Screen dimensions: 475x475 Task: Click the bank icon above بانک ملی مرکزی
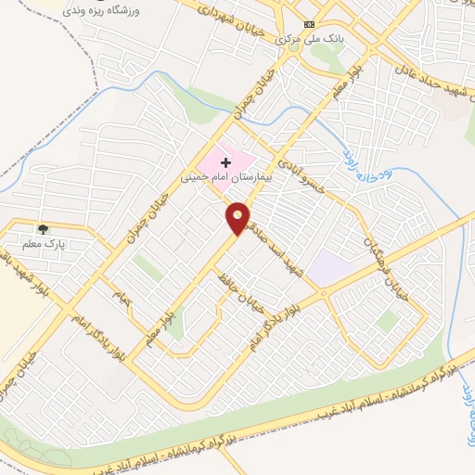pyautogui.click(x=310, y=25)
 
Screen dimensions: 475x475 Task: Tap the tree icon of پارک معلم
pyautogui.click(x=43, y=228)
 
